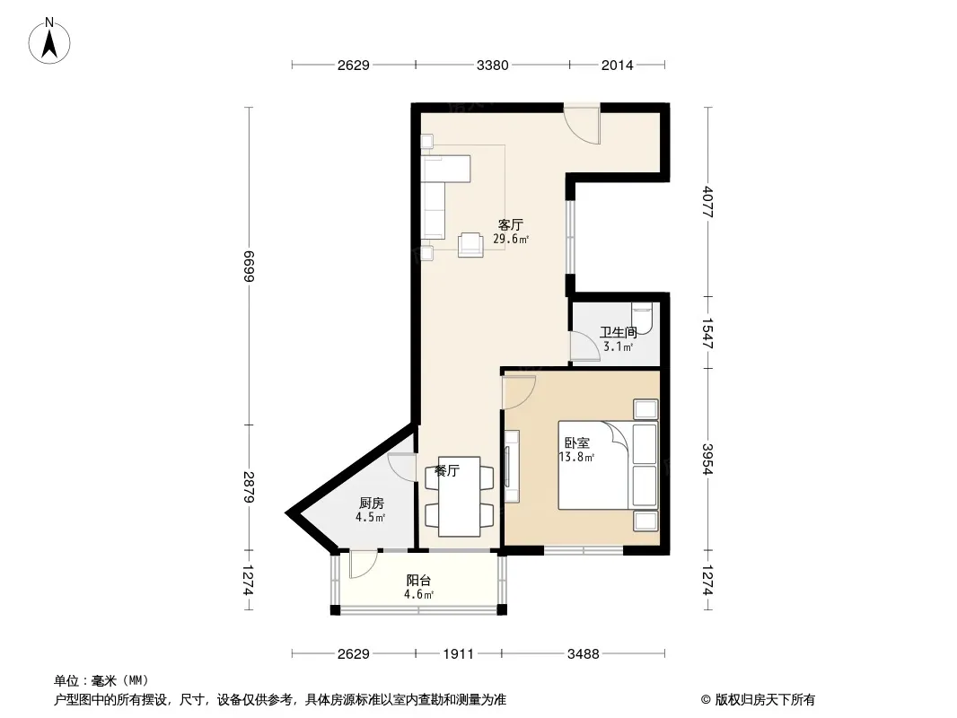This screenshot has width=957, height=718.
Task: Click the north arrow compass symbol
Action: point(49,41)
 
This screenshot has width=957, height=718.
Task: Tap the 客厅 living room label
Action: point(511,225)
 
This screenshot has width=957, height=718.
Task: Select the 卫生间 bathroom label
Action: point(619,332)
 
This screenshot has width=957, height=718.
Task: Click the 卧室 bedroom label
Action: point(576,442)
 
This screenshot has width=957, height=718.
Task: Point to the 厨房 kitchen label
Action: point(371,503)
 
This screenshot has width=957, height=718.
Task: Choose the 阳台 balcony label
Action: point(418,581)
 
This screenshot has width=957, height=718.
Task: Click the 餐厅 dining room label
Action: point(447,471)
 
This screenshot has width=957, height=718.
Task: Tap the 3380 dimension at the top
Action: point(493,65)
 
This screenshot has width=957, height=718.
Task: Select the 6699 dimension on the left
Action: point(249,266)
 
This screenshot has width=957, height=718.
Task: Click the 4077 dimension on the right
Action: point(707,202)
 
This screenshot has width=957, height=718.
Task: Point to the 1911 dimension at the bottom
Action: point(459,654)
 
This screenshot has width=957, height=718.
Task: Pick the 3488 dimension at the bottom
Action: point(584,654)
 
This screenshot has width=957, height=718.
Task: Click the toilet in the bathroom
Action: point(642,317)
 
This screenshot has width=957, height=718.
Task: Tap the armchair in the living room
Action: point(471,245)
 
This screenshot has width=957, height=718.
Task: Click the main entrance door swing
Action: point(582,126)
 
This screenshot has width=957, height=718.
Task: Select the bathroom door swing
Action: point(584,346)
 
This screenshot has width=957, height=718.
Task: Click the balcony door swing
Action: point(364,564)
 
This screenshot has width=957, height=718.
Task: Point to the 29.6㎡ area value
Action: point(511,239)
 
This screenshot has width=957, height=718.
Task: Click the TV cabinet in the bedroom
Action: point(512,466)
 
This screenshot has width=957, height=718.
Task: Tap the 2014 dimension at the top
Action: point(617,65)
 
